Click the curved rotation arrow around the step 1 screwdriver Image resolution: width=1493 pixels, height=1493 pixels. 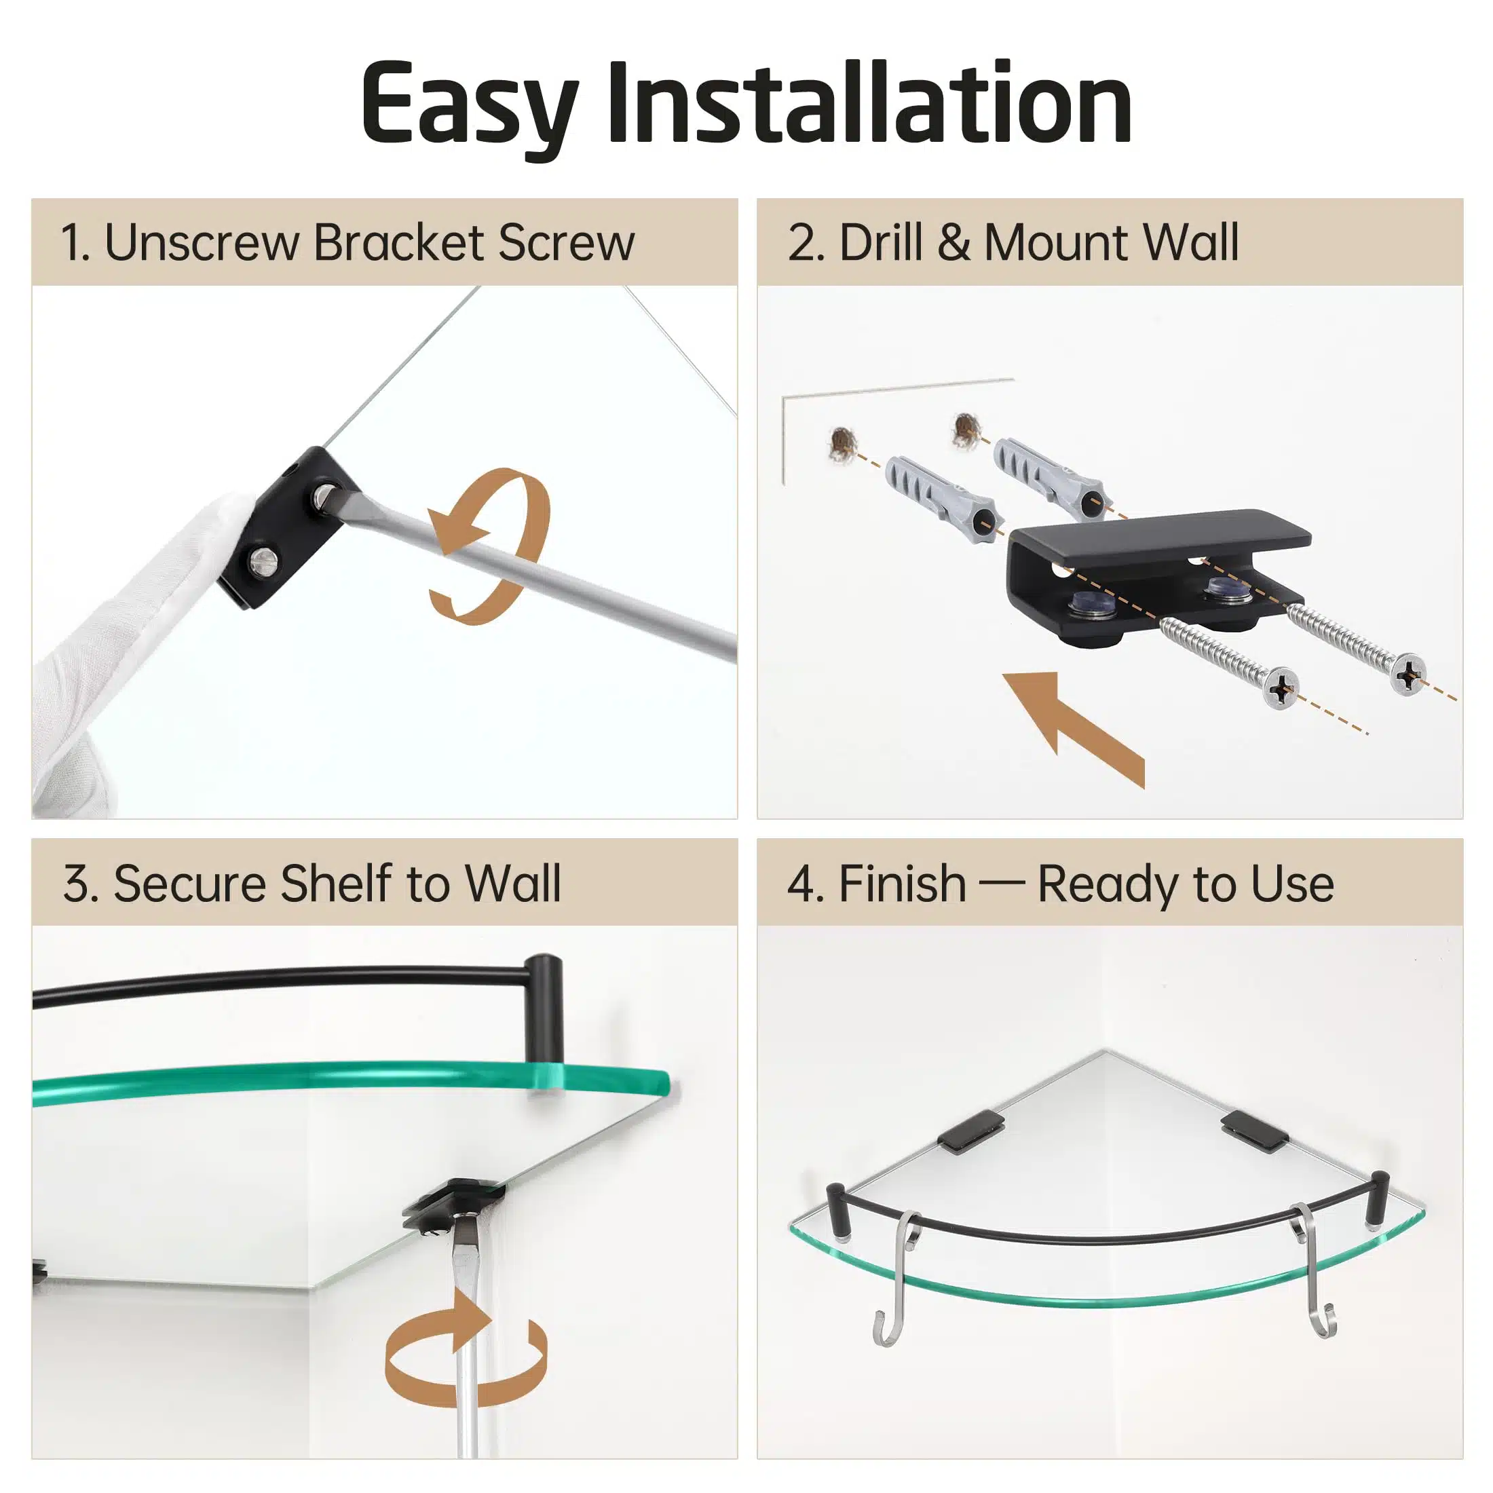[489, 546]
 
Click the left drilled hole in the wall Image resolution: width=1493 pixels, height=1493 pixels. [843, 442]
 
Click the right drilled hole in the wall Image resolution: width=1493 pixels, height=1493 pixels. [967, 430]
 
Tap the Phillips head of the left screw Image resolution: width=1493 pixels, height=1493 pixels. [1281, 686]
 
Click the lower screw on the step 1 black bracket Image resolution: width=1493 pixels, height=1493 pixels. [263, 559]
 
